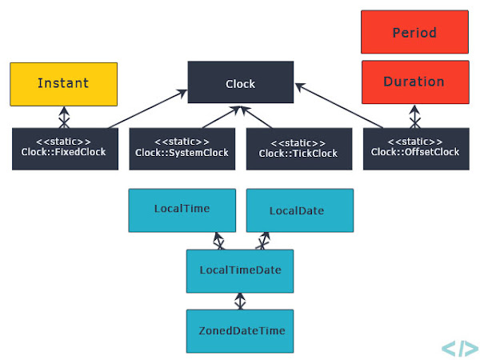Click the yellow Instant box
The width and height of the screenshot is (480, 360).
point(63,83)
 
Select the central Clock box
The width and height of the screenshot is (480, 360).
point(241,83)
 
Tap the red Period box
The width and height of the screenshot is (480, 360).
point(414,33)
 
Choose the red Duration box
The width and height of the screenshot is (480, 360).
point(414,82)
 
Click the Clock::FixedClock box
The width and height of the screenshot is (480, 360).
point(63,148)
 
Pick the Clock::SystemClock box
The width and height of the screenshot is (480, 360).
point(182,148)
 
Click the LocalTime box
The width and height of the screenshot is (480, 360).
point(182,210)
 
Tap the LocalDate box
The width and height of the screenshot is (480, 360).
point(299,210)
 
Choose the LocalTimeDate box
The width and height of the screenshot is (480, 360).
point(240,270)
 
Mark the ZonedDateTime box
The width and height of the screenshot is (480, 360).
point(240,330)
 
